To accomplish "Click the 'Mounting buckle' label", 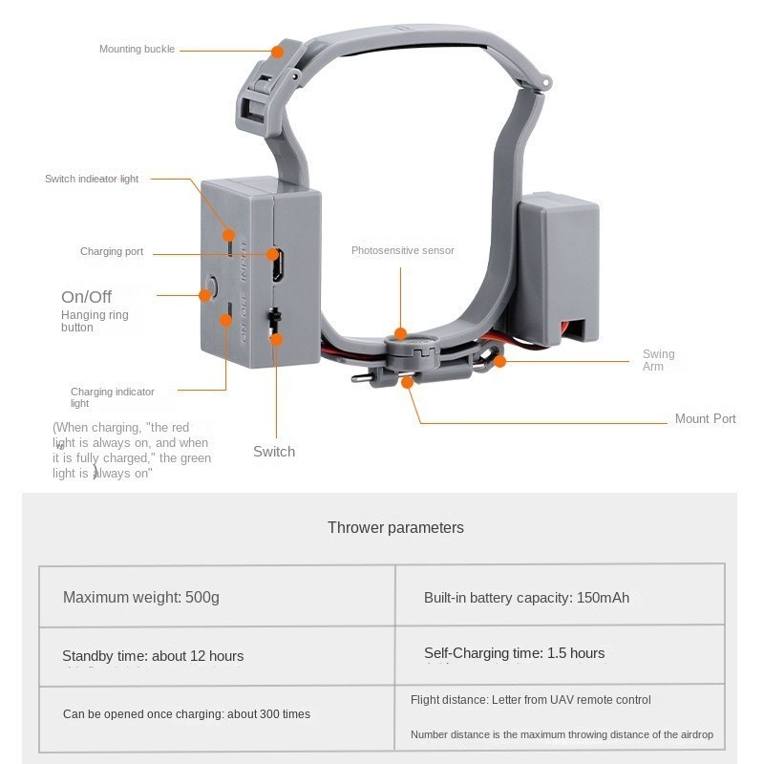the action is coord(137,50).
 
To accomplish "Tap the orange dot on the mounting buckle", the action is coord(277,52).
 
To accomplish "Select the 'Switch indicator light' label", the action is coord(92,179).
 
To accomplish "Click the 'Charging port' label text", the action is coord(112,251).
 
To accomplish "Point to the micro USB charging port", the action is coord(277,265).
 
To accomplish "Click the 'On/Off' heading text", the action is coord(86,297).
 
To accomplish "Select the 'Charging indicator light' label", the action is coord(112,397).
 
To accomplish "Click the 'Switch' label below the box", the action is coord(274,452).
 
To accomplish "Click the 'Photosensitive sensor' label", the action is coord(402,250).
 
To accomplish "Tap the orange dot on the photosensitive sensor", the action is coord(400,333).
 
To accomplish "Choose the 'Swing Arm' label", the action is coord(658,360).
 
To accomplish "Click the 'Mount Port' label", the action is coord(705,418).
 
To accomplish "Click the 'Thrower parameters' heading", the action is coord(395,528).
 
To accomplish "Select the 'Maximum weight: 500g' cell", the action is coord(217,596).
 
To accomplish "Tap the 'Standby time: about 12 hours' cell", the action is coord(217,656).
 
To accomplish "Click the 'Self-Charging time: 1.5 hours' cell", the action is coord(560,654).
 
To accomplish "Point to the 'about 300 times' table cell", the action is coord(217,718).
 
